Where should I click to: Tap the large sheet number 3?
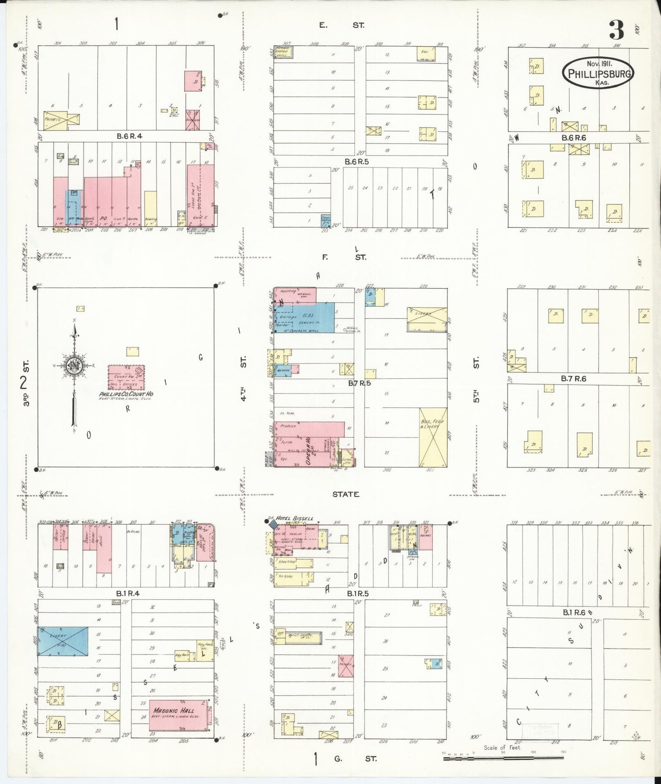point(617,31)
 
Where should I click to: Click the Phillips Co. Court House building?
point(126,377)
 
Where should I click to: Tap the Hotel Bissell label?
point(295,518)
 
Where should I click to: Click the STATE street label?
point(345,494)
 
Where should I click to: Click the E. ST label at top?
point(341,26)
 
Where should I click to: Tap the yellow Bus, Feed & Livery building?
point(433,437)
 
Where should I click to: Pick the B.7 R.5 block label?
point(359,383)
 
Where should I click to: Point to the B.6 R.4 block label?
point(130,136)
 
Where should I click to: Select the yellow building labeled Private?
point(61,118)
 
